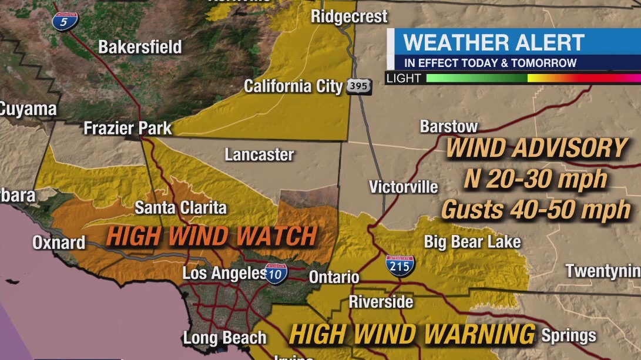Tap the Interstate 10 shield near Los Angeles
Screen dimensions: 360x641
(x=276, y=274)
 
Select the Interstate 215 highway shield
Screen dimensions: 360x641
(x=400, y=265)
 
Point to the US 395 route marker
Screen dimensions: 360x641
(x=358, y=87)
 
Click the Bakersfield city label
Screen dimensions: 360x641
(x=140, y=47)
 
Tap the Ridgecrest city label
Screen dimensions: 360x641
(x=349, y=16)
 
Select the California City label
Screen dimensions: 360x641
(x=293, y=86)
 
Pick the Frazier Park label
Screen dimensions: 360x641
(x=127, y=128)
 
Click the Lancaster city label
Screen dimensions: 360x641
(x=259, y=154)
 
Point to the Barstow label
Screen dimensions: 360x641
(x=449, y=126)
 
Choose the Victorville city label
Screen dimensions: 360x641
(x=403, y=187)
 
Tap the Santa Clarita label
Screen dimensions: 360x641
(x=180, y=207)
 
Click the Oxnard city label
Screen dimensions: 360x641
(x=59, y=242)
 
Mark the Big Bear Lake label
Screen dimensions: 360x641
(x=472, y=241)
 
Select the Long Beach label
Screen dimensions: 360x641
(x=224, y=338)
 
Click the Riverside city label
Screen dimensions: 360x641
(x=381, y=302)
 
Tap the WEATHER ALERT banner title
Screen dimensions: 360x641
(x=494, y=43)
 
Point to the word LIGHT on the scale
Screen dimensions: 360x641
(x=404, y=78)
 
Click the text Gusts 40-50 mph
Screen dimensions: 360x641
(x=535, y=210)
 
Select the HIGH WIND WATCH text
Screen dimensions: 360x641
(x=212, y=237)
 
